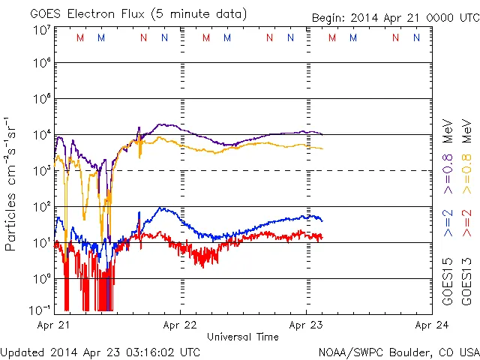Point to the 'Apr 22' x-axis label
pyautogui.click(x=180, y=325)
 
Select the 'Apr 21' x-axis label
pyautogui.click(x=53, y=325)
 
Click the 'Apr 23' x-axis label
pyautogui.click(x=306, y=325)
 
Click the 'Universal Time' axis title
pyautogui.click(x=242, y=337)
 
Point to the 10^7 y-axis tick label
pyautogui.click(x=41, y=30)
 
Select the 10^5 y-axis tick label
pyautogui.click(x=41, y=100)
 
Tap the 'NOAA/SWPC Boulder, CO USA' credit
pyautogui.click(x=398, y=352)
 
